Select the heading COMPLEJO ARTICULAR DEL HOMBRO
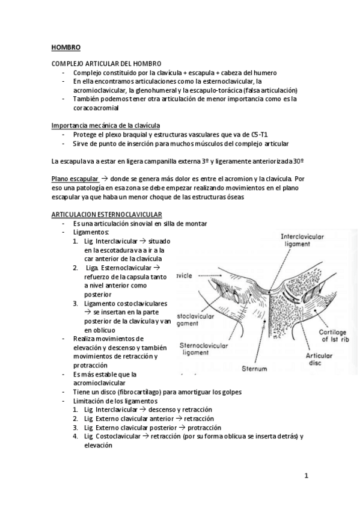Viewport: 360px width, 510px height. tap(106, 64)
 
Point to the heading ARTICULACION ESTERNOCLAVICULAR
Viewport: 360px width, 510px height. tap(107, 215)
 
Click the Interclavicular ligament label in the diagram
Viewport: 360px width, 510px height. tap(303, 241)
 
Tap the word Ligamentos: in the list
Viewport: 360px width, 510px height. tap(91, 232)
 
